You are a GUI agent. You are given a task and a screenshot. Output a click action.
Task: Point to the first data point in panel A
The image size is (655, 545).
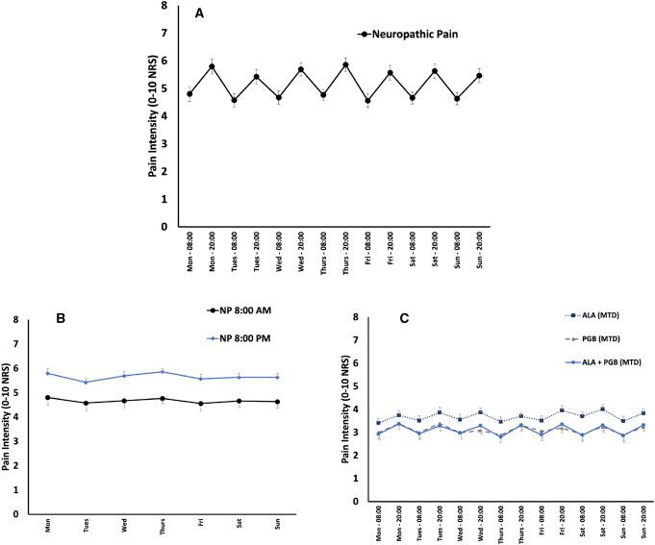pos(189,94)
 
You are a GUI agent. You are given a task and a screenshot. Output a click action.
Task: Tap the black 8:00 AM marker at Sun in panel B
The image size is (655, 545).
pos(278,402)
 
